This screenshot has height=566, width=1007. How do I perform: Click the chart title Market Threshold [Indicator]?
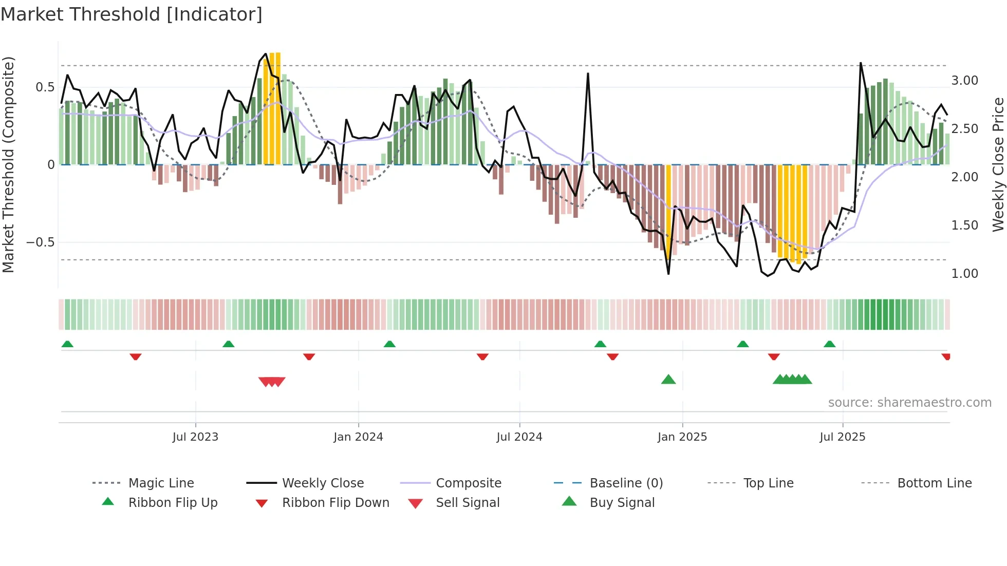[132, 14]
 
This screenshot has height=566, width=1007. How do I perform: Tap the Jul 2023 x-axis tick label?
[195, 437]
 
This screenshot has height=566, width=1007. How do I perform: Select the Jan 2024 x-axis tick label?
[358, 437]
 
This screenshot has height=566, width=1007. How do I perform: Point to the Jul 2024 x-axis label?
[519, 437]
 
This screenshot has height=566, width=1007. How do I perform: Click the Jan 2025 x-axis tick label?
[682, 437]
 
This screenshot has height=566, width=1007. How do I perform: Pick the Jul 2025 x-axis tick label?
[843, 437]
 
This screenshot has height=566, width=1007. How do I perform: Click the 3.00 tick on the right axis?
[964, 81]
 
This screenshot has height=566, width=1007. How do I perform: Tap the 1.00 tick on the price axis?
[964, 274]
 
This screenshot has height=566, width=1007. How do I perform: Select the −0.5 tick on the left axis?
[41, 242]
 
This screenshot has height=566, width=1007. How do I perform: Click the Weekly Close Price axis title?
[998, 164]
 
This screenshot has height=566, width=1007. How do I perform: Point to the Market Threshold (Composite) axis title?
[8, 164]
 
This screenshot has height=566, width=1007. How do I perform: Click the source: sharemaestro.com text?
[909, 403]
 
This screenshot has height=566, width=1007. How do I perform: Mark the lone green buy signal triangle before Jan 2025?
[668, 380]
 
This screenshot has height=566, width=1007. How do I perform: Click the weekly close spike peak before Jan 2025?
[588, 74]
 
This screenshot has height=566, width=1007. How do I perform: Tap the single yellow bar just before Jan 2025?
[668, 211]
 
